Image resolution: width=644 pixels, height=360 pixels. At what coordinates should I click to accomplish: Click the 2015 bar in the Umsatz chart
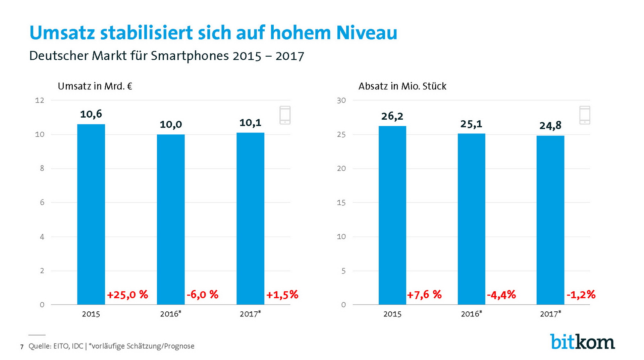(91, 215)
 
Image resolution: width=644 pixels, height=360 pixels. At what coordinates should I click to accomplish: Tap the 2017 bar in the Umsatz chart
(250, 219)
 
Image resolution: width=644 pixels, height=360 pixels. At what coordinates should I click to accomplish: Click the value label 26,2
(392, 116)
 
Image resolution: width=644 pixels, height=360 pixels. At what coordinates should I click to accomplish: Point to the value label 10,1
(250, 123)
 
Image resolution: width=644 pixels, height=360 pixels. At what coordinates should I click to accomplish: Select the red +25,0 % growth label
(127, 295)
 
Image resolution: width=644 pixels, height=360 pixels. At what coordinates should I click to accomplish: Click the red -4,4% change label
(501, 295)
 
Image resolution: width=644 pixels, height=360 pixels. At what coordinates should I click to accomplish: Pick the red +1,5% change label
(282, 295)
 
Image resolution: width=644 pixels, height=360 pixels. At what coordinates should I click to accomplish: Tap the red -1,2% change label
(581, 295)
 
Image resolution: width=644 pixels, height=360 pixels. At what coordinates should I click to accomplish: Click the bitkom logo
(582, 342)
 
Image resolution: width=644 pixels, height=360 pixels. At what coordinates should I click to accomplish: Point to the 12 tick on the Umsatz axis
(40, 100)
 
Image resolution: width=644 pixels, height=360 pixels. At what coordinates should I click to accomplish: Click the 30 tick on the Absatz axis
(341, 100)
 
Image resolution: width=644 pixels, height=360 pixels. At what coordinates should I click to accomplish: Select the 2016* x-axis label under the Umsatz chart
(170, 314)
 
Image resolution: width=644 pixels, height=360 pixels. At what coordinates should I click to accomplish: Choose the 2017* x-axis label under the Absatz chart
(550, 314)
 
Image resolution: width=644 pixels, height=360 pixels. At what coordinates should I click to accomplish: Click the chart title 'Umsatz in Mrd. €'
(95, 86)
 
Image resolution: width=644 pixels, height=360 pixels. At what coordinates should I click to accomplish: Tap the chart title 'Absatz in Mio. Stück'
(402, 86)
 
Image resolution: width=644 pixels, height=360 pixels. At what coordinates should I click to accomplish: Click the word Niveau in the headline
(367, 33)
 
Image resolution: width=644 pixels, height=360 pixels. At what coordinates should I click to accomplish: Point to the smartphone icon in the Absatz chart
(585, 115)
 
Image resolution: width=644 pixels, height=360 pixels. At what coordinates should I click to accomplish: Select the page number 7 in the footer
(22, 347)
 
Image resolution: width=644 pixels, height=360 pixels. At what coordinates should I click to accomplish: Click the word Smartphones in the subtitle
(190, 56)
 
